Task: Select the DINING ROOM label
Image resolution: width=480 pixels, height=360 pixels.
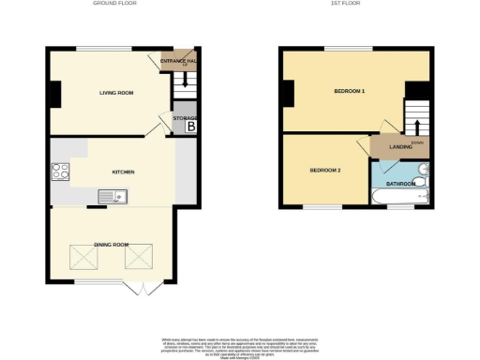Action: click(x=110, y=244)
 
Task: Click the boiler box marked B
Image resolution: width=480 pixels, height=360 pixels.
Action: click(x=190, y=126)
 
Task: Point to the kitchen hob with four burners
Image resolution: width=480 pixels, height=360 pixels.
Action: click(x=61, y=172)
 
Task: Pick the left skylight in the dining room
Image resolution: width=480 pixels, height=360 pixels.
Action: click(x=81, y=256)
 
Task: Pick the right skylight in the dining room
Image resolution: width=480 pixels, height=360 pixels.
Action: click(x=139, y=256)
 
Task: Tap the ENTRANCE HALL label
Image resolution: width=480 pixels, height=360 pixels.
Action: click(x=178, y=62)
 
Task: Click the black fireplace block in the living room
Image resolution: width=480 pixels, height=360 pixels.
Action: click(x=55, y=94)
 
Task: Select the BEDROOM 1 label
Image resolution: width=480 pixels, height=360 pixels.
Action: click(x=350, y=91)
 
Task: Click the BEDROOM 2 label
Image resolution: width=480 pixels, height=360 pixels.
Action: click(x=325, y=170)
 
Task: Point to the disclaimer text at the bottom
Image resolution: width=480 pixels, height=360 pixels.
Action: click(x=240, y=344)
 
